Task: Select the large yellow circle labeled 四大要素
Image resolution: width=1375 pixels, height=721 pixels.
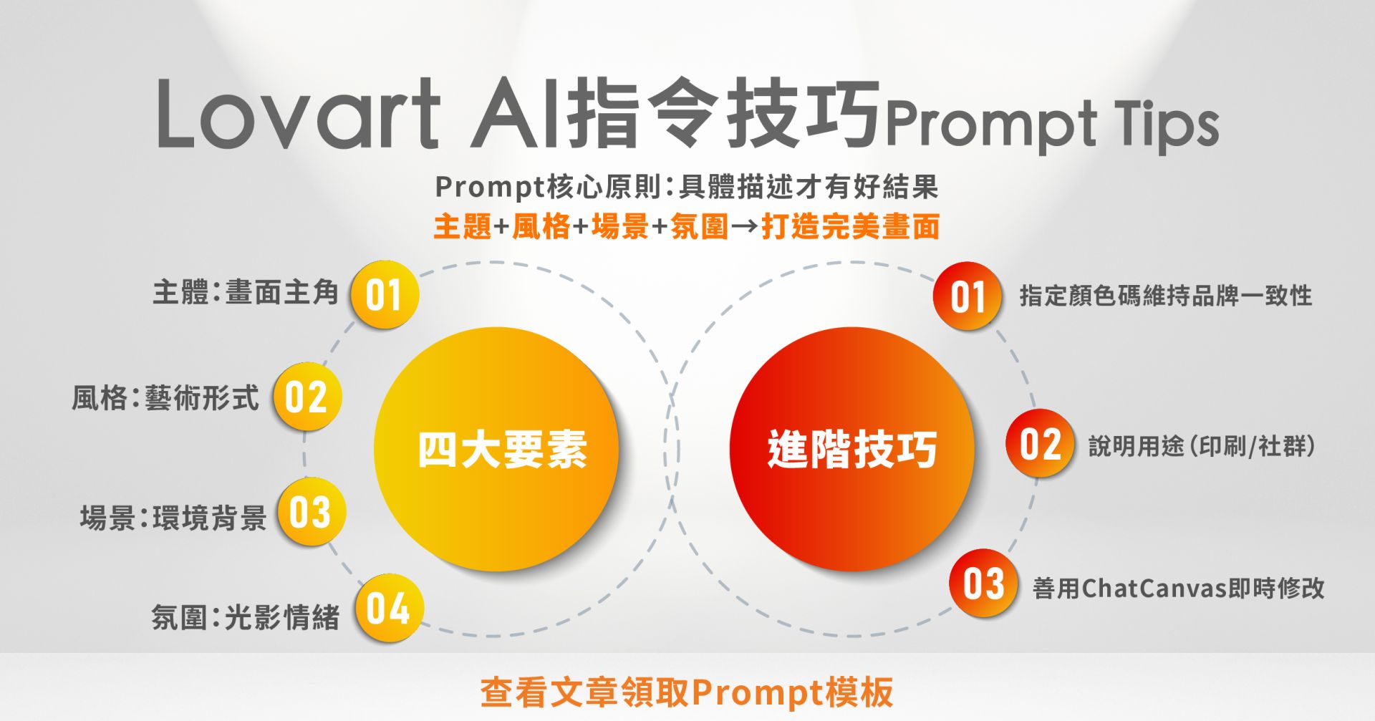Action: click(496, 449)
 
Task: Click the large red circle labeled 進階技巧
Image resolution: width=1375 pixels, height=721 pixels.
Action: click(852, 449)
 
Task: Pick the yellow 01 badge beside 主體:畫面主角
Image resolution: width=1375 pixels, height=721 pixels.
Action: click(385, 294)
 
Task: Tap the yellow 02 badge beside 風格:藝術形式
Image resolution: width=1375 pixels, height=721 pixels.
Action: click(307, 397)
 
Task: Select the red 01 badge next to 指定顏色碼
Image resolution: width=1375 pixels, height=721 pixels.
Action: click(968, 296)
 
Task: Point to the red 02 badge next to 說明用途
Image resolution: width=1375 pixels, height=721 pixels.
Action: click(1041, 444)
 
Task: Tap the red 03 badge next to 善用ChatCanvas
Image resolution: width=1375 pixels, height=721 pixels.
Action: click(984, 584)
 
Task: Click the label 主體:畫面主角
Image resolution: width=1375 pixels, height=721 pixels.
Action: click(246, 292)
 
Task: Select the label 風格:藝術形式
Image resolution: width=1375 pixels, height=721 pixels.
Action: click(165, 397)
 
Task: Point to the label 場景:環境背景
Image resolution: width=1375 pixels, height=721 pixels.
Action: click(173, 517)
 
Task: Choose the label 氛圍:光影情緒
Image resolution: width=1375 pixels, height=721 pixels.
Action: click(246, 616)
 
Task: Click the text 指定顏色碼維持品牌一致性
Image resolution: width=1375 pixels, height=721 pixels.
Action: click(1166, 295)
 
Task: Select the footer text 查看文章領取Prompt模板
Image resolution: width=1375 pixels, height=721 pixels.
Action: click(687, 692)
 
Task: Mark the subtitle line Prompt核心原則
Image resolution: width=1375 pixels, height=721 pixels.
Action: click(687, 187)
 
